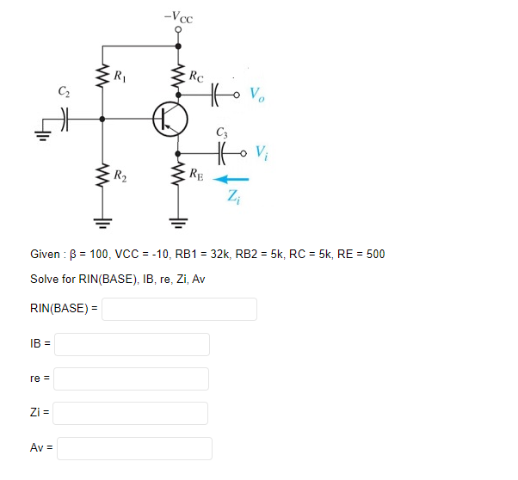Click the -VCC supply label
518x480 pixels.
tap(177, 15)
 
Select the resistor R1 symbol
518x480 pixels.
tap(103, 78)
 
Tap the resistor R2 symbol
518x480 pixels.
tap(103, 177)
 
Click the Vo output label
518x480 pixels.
tap(258, 94)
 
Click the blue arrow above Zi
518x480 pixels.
tap(231, 180)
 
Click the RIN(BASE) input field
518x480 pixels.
tap(179, 309)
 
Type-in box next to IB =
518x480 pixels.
tap(133, 344)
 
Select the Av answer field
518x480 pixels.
tap(134, 448)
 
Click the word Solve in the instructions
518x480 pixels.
tap(44, 280)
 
